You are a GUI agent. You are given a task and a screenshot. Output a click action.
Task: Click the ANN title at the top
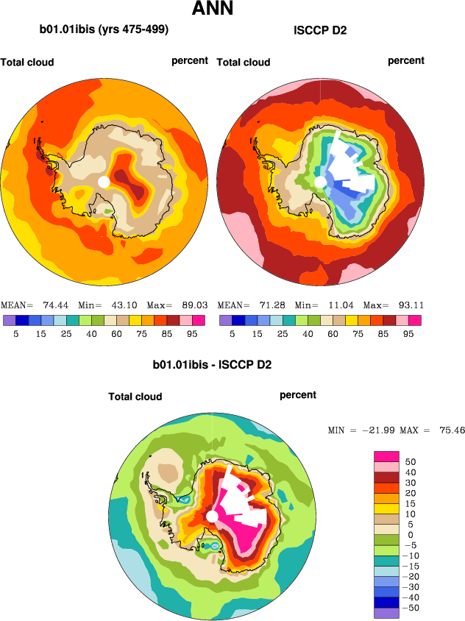(213, 10)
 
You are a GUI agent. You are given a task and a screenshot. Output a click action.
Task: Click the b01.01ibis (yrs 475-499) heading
(104, 30)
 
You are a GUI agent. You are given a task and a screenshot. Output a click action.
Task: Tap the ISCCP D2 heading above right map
(319, 30)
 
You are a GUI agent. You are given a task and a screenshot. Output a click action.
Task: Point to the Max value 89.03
(190, 305)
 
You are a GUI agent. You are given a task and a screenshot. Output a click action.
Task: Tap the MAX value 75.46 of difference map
(448, 430)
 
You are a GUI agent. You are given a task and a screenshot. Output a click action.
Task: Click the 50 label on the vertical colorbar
(411, 461)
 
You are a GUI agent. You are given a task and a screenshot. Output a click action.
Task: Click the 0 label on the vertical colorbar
(408, 534)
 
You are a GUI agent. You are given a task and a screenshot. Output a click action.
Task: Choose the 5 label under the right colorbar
(232, 333)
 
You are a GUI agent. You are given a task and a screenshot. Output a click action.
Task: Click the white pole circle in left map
(104, 181)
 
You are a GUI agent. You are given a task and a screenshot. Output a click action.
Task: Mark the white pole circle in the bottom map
(212, 517)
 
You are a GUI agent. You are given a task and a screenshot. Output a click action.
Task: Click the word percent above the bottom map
(298, 395)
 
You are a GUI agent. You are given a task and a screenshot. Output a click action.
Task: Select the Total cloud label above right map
(244, 63)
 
